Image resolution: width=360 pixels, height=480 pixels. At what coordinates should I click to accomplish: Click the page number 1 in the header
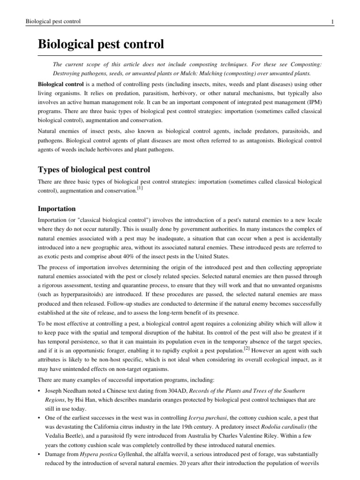coord(332,22)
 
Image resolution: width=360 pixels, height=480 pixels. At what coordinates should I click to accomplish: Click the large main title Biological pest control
coord(101,45)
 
